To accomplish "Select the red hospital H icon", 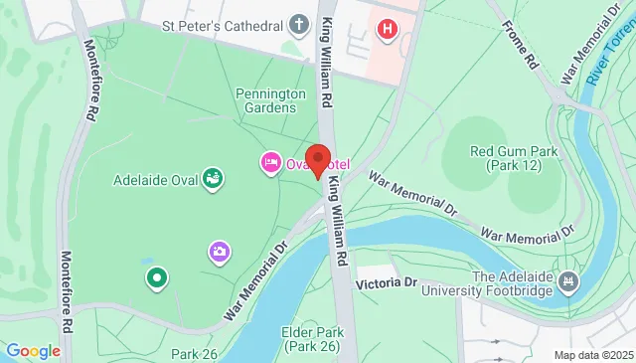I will [x=387, y=28].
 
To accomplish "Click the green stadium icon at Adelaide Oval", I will [x=212, y=179].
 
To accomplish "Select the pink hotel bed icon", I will [x=269, y=162].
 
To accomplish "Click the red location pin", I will [x=318, y=159].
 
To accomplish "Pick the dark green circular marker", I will [x=155, y=277].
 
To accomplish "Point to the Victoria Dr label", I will [x=387, y=282].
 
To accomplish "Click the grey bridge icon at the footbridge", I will [x=567, y=283].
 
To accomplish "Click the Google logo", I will [x=33, y=350].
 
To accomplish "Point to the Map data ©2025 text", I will [x=592, y=355].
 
